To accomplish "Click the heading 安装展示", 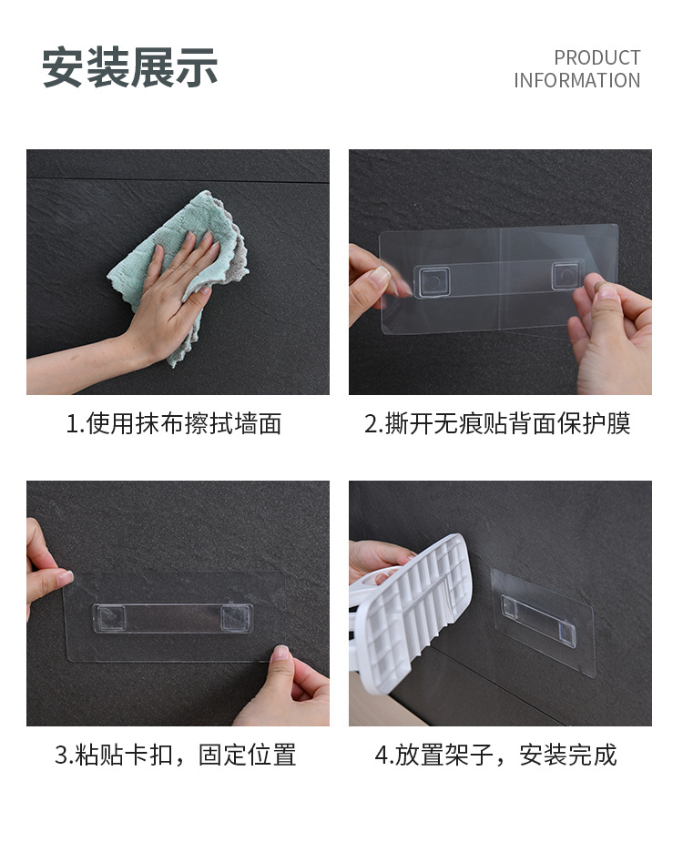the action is pos(129,67).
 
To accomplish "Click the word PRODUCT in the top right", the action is pos(597,57).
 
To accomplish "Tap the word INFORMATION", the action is pos(576,80).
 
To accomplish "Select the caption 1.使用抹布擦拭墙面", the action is pos(174,423).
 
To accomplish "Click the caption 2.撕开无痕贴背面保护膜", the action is pos(497,423).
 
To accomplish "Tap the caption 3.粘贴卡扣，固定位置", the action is pos(175,755).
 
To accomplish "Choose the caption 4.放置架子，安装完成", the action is pos(495,755).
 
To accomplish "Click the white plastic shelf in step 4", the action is pos(411,613).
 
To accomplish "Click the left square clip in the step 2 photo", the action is pos(434,281).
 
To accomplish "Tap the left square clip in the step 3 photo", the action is pos(111,618).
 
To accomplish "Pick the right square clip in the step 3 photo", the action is pos(236,618).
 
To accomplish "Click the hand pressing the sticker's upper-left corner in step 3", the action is pos(46,569).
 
